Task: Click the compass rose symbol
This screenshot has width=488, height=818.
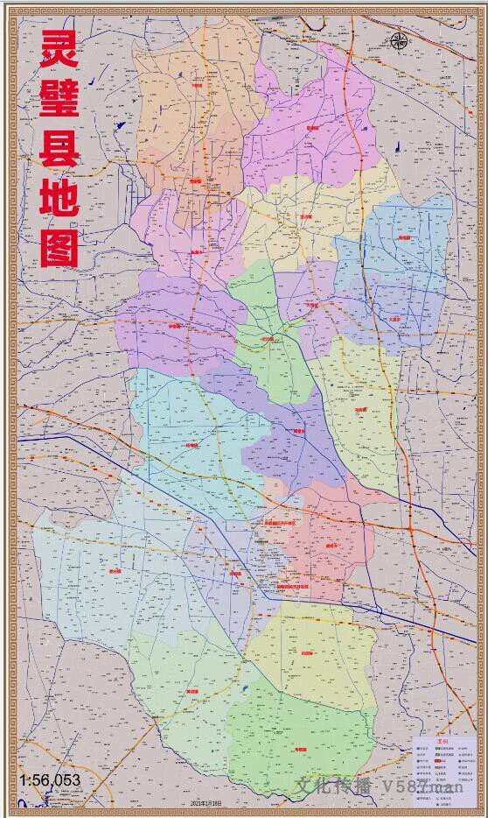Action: click(399, 40)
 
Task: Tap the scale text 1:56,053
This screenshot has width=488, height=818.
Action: click(50, 779)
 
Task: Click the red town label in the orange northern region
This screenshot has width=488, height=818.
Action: click(196, 86)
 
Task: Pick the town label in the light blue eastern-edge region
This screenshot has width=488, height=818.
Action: click(404, 237)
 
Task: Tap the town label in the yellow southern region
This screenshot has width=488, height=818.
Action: click(306, 653)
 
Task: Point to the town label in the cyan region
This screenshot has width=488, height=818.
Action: click(192, 446)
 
